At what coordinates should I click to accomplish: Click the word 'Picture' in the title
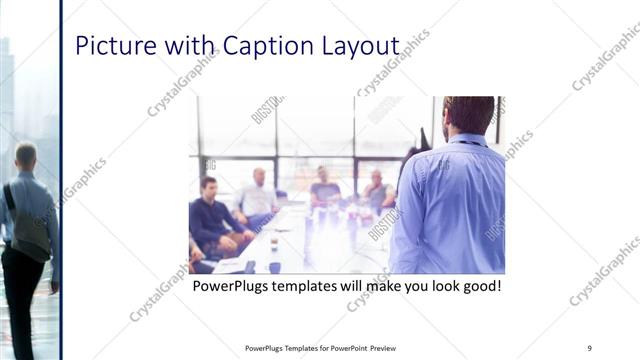coord(112,46)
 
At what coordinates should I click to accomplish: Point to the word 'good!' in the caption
coord(478,287)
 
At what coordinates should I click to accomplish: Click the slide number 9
coord(589,348)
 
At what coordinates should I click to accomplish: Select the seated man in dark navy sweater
coord(211,216)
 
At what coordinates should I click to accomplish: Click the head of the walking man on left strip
coord(25,155)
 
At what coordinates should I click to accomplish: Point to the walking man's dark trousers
coord(22,300)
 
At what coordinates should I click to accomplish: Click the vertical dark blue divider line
coord(62,180)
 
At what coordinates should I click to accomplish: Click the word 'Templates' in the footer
coord(295,348)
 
